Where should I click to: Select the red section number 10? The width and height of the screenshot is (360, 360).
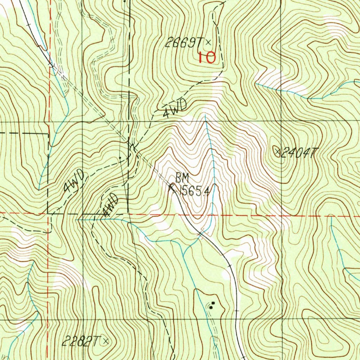[x=207, y=57]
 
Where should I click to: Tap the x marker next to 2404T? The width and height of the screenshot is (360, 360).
[x=277, y=152]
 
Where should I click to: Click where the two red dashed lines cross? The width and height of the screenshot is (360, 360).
[x=48, y=213]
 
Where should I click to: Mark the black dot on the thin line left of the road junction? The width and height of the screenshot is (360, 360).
[x=120, y=158]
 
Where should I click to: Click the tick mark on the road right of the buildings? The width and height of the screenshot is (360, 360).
[x=237, y=311]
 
